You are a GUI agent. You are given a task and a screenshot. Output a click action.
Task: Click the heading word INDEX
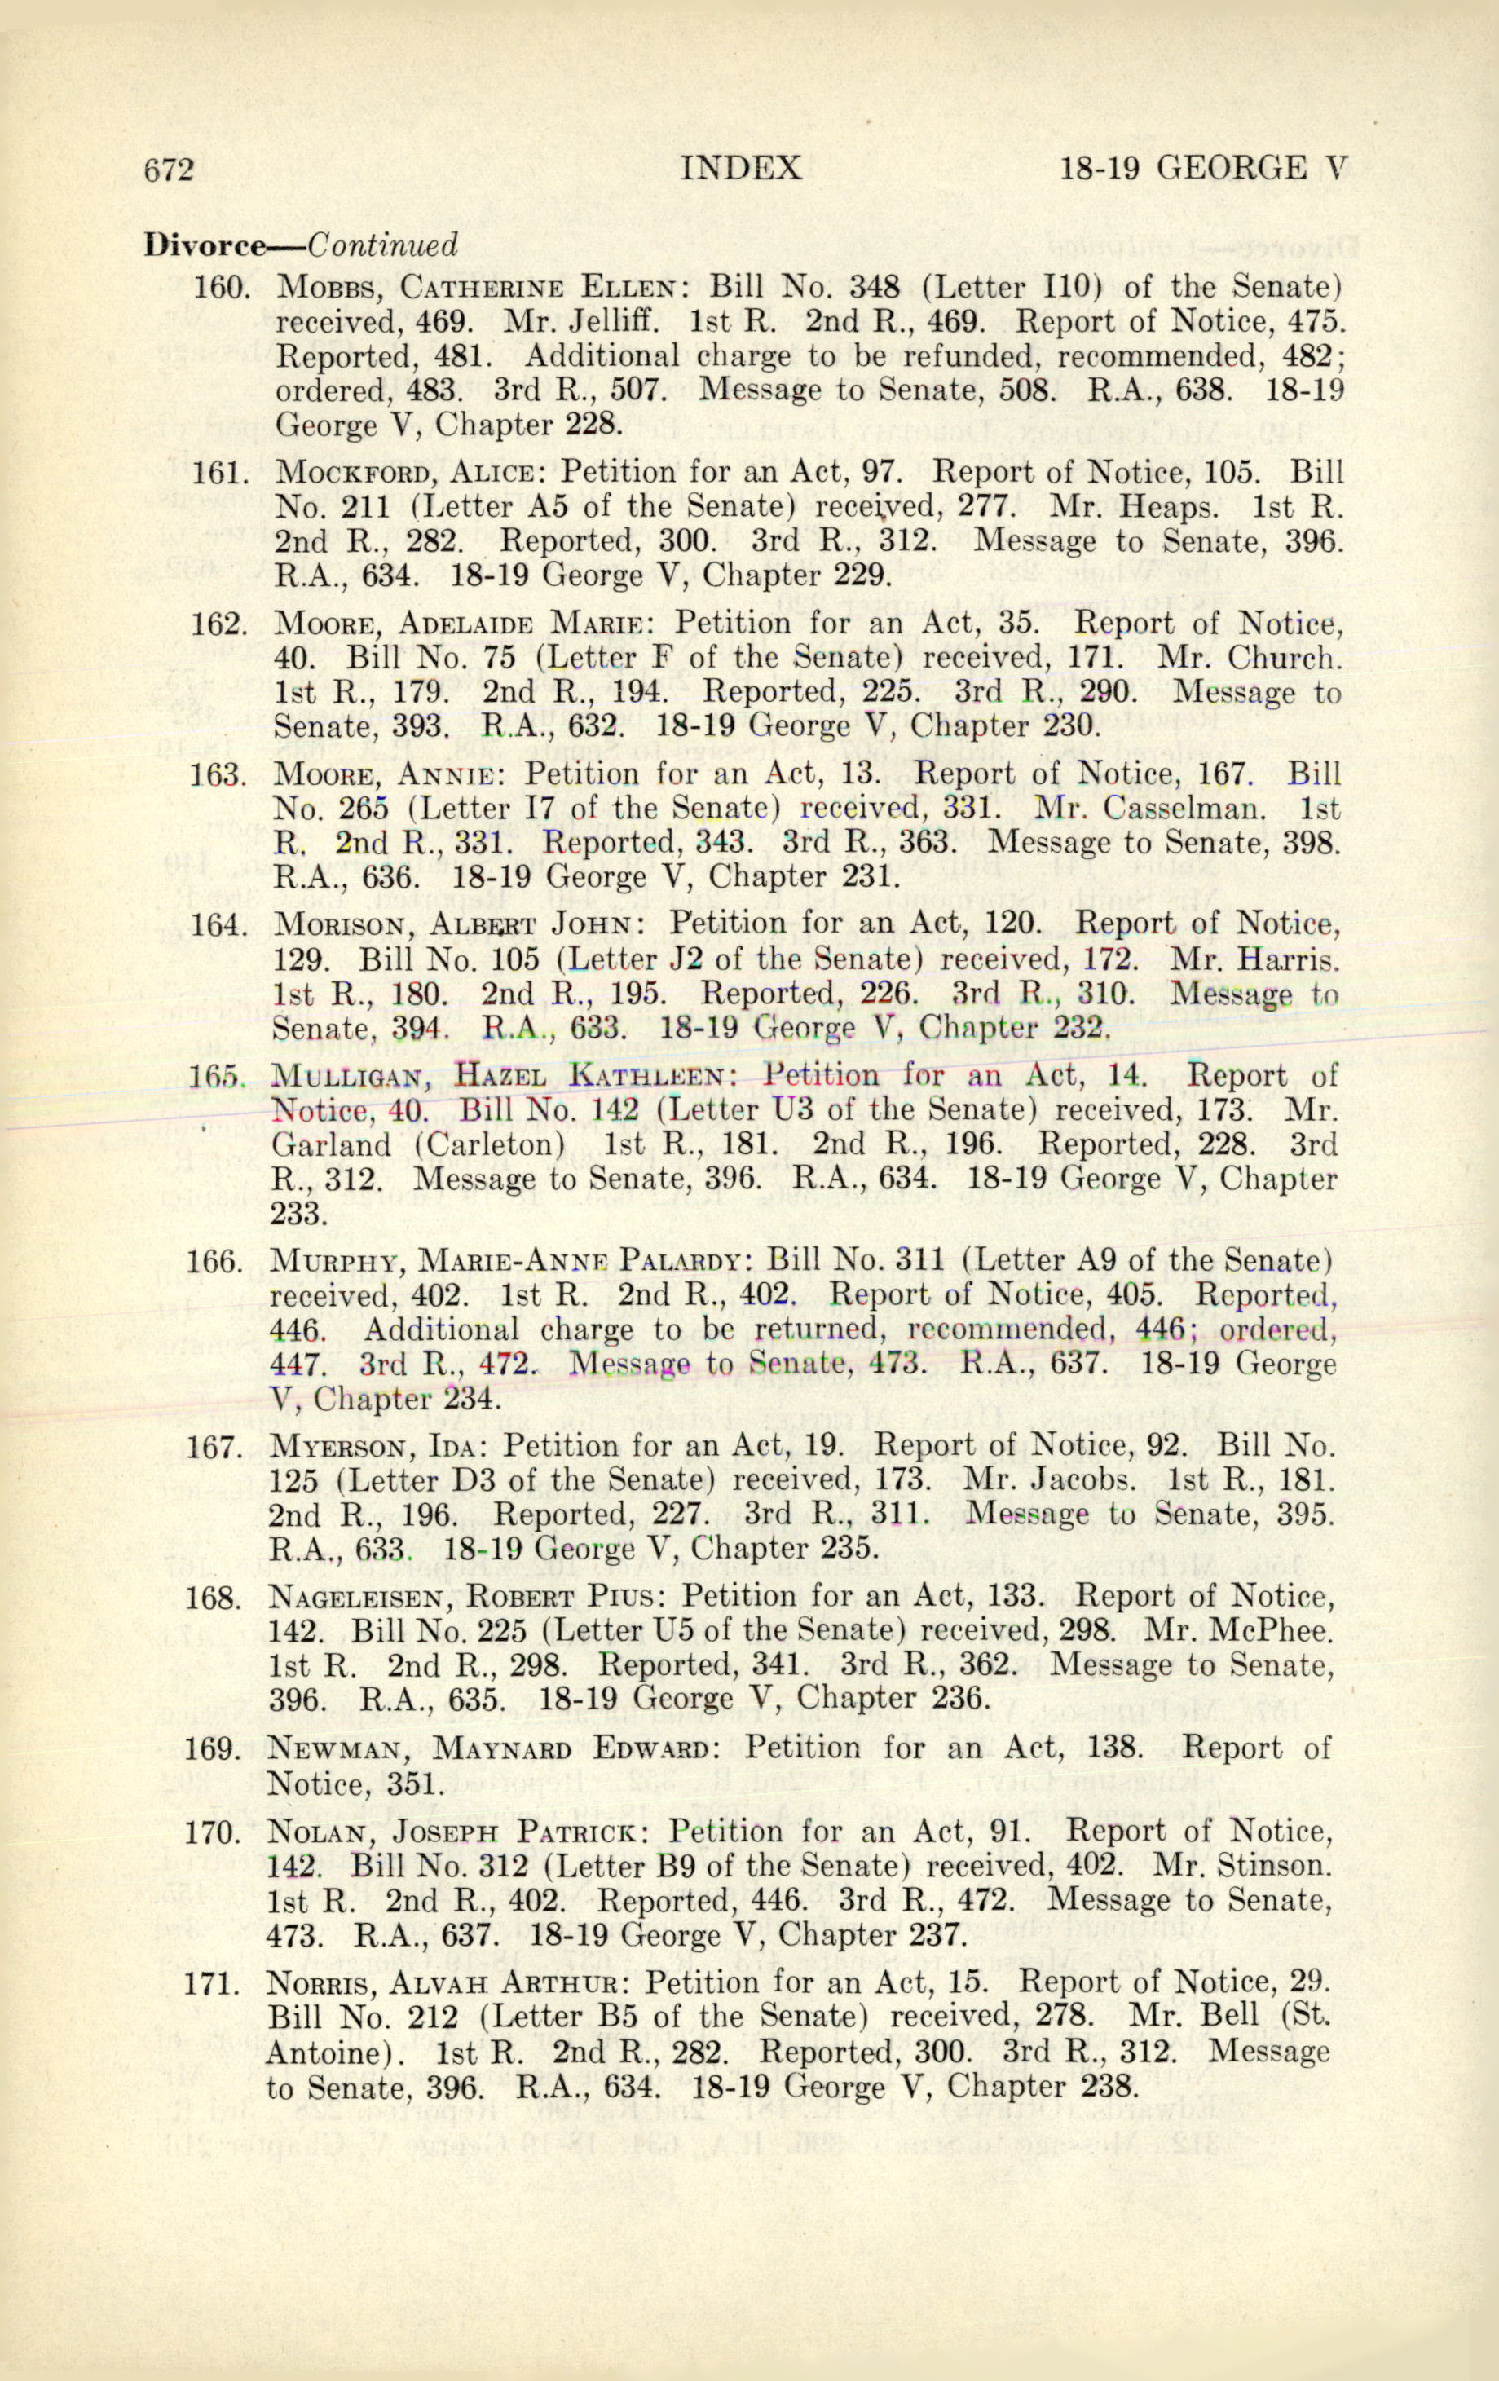pos(741,168)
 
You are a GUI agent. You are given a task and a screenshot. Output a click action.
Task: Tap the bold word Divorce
pos(205,245)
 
